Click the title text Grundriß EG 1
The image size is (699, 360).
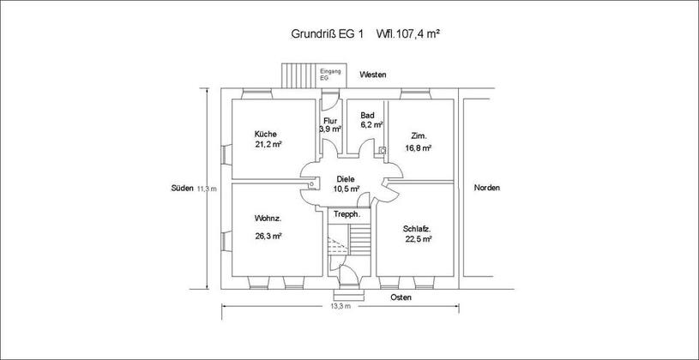(328, 34)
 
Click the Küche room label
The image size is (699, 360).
(266, 134)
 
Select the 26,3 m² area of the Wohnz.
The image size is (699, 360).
(268, 236)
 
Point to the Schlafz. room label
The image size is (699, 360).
(416, 229)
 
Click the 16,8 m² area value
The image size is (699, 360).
(418, 148)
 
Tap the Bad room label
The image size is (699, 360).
(367, 116)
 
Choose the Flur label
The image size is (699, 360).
(330, 121)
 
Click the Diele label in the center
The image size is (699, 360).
(346, 179)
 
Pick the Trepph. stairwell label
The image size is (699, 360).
(346, 214)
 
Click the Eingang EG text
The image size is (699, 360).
(330, 74)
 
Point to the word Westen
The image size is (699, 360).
(373, 75)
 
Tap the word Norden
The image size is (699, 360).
(487, 188)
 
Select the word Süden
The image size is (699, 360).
(183, 188)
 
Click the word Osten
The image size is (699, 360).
(401, 297)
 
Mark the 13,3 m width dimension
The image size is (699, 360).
(340, 306)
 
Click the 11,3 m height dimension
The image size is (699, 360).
(207, 189)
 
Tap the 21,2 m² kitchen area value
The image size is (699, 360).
(268, 144)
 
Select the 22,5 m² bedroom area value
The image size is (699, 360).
(418, 239)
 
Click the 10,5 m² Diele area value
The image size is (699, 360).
(346, 189)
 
